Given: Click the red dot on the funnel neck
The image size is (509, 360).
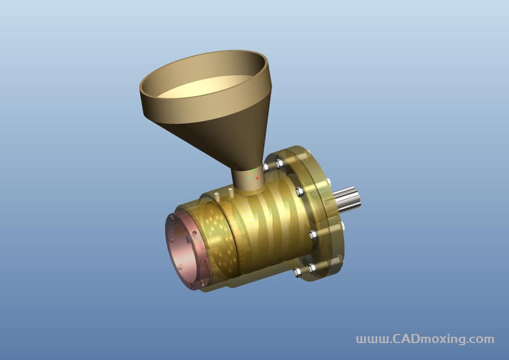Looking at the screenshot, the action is pos(257,178).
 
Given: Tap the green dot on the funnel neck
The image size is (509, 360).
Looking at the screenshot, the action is pos(253,170).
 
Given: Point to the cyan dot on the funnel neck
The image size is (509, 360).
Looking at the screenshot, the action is pos(248,178).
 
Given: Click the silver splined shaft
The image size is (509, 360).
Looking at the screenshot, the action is pos(347,199).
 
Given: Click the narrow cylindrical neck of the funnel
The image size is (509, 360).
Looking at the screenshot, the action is pos(247,180).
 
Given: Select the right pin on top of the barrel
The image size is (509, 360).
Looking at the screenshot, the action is pos(231,192).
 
